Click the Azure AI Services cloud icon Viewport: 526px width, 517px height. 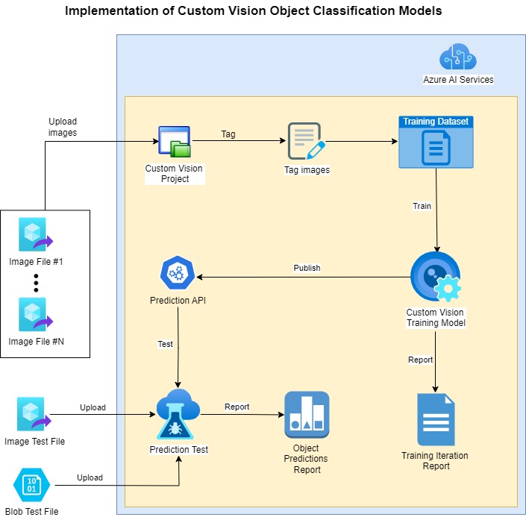458,56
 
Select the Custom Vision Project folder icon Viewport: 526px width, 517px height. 175,142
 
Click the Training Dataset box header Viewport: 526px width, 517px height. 436,122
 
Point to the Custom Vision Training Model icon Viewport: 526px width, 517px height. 436,277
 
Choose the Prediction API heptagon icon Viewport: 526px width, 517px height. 178,273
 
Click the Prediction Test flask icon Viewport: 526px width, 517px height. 178,414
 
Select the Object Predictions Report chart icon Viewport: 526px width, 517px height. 307,415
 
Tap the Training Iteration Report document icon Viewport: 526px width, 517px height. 436,419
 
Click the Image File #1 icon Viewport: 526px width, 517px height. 36,234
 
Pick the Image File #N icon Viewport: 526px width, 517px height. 36,314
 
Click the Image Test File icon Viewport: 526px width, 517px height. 34,414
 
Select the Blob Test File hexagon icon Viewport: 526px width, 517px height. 31,485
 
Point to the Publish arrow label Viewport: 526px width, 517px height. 307,268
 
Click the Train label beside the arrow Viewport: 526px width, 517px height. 422,206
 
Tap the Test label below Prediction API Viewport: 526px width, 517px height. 165,344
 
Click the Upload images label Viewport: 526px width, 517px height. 63,127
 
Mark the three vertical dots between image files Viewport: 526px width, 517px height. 36,283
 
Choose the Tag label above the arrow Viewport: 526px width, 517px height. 228,134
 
